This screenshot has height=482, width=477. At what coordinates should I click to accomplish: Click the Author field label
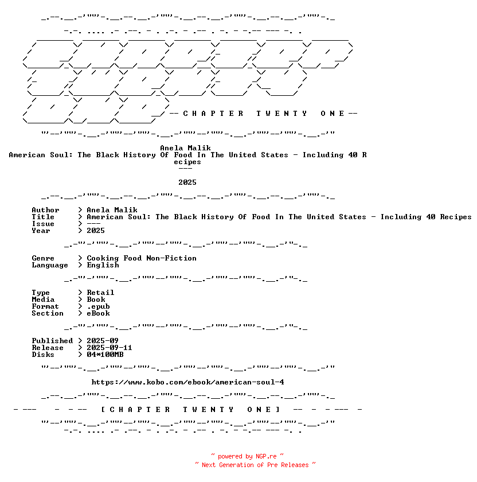pos(45,210)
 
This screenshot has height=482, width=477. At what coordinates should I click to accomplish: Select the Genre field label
pos(43,258)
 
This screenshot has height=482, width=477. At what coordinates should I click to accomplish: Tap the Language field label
pos(50,265)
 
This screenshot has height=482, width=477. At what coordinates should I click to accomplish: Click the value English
pos(103,265)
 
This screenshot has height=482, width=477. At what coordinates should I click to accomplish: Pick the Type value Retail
pos(100,293)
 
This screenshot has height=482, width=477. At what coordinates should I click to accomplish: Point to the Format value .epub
pos(98,306)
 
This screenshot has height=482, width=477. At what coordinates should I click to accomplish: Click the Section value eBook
pos(98,313)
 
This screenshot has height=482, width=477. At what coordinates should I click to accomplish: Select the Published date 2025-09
pos(103,341)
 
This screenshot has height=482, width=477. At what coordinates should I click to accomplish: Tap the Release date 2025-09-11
pos(110,348)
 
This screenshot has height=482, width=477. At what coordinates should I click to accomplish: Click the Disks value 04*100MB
pos(105,355)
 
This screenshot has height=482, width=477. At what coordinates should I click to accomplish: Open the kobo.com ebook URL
pos(187,382)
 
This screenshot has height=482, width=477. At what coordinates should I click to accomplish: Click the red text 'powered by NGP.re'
pos(247,456)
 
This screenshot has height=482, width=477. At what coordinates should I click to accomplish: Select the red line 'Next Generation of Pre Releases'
pos(255,465)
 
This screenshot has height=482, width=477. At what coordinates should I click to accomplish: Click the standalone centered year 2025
pos(187,182)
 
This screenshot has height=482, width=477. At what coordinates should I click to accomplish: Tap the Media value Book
pos(96,300)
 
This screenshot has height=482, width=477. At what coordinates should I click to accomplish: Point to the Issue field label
pos(43,224)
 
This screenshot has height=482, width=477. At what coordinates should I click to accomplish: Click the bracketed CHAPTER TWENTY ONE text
pos(190,410)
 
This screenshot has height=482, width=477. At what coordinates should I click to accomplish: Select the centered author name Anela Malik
pos(185,148)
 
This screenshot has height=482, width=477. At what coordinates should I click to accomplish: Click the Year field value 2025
pos(96,231)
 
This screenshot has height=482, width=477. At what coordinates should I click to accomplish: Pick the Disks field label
pos(43,355)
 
